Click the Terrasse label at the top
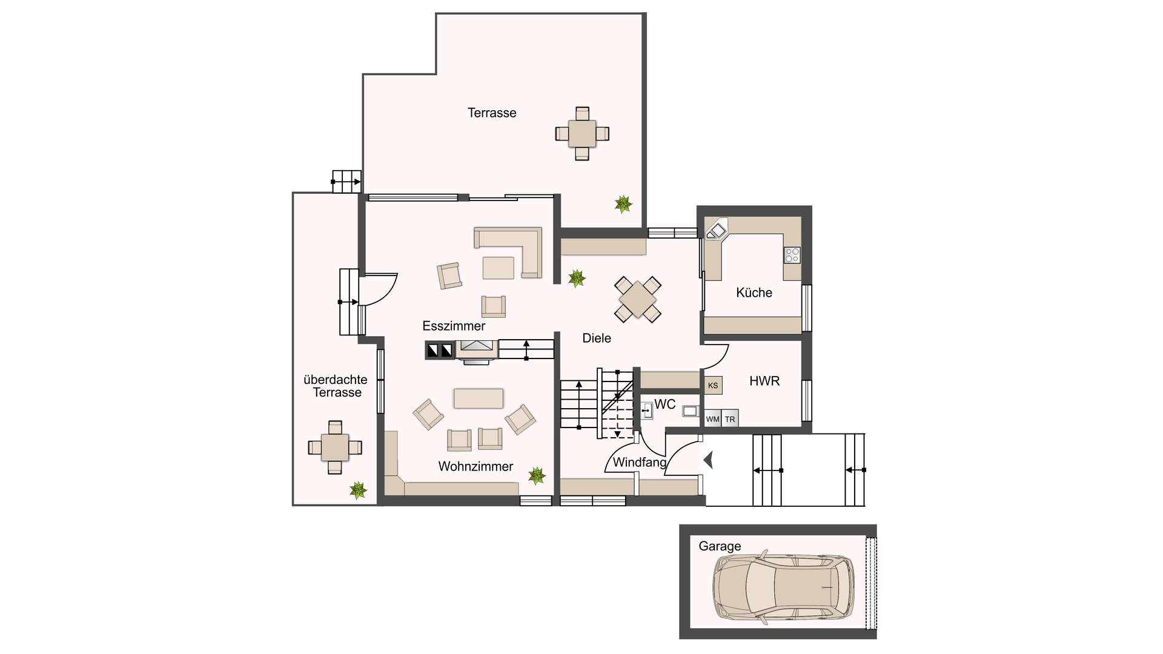pyautogui.click(x=492, y=113)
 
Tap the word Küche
pyautogui.click(x=754, y=292)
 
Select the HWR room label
pyautogui.click(x=764, y=381)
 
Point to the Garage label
pyautogui.click(x=720, y=546)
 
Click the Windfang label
pyautogui.click(x=640, y=463)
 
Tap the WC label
pyautogui.click(x=664, y=405)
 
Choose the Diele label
pyautogui.click(x=597, y=339)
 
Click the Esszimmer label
pyautogui.click(x=454, y=326)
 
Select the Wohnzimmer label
pyautogui.click(x=475, y=466)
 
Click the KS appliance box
pyautogui.click(x=713, y=385)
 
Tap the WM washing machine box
pyautogui.click(x=712, y=418)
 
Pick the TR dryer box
pyautogui.click(x=730, y=418)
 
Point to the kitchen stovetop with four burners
pyautogui.click(x=792, y=255)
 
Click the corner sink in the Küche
pyautogui.click(x=716, y=230)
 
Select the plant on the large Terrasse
pyautogui.click(x=623, y=204)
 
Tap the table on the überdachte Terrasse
pyautogui.click(x=335, y=448)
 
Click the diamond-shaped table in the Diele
pyautogui.click(x=638, y=299)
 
